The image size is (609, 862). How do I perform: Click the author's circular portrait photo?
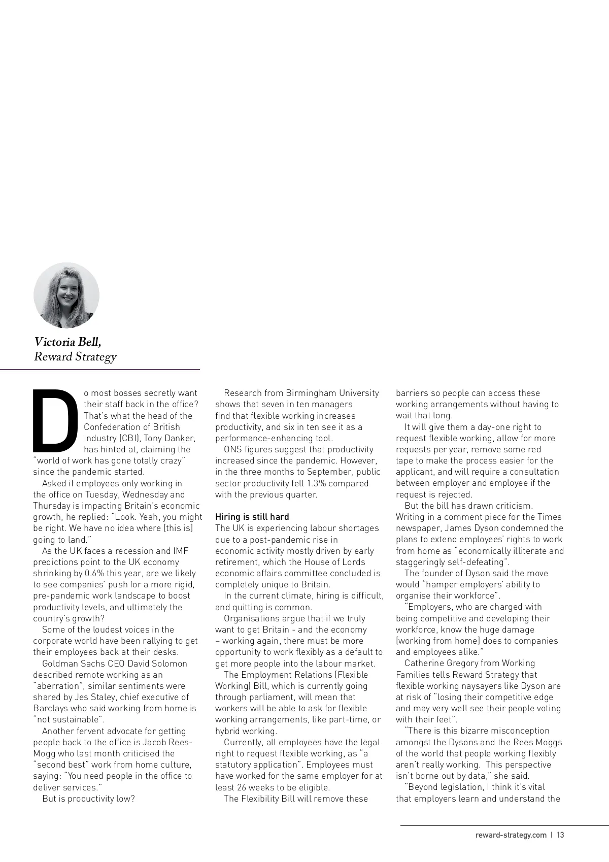(66, 295)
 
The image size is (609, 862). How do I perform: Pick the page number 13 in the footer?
(560, 835)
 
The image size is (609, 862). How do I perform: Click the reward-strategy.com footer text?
(511, 835)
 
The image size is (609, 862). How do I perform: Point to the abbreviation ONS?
(232, 449)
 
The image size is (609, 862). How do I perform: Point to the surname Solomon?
(170, 664)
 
